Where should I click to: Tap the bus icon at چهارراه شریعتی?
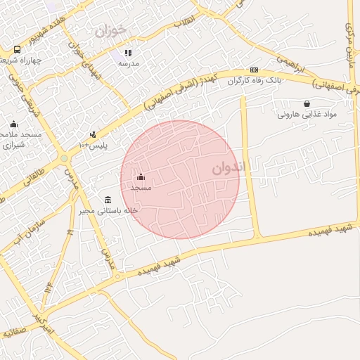click(17, 49)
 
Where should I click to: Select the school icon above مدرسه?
click(128, 53)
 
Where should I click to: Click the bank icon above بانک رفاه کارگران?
click(254, 70)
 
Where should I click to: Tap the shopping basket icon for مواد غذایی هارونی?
click(307, 103)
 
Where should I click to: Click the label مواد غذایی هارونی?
click(307, 114)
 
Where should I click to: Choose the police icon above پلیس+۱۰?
click(93, 134)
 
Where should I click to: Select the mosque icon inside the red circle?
click(141, 176)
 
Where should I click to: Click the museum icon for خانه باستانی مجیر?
click(108, 200)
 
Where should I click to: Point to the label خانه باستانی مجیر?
click(111, 210)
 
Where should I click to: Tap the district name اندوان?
click(229, 169)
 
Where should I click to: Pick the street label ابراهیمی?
click(290, 64)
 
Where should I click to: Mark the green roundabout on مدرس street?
click(65, 157)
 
